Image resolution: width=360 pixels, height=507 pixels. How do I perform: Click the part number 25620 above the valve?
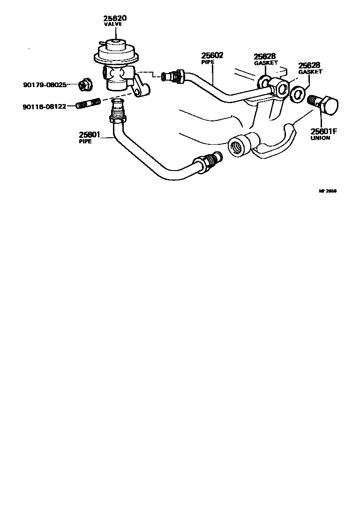pos(115,18)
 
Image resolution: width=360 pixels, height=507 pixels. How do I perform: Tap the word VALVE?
pos(112,24)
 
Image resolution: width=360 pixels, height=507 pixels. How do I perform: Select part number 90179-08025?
pos(45,85)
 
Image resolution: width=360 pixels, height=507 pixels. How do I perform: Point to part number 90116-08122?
pos(45,107)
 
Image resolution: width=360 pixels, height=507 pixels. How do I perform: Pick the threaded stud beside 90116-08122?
pos(88,103)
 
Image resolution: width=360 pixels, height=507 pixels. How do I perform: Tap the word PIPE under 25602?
pos(208,61)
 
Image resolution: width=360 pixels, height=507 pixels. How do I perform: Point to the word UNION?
pos(321,138)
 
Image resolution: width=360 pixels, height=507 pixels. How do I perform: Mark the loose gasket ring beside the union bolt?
pos(297,95)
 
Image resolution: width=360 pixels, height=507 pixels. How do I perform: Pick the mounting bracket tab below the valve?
pos(142,90)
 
